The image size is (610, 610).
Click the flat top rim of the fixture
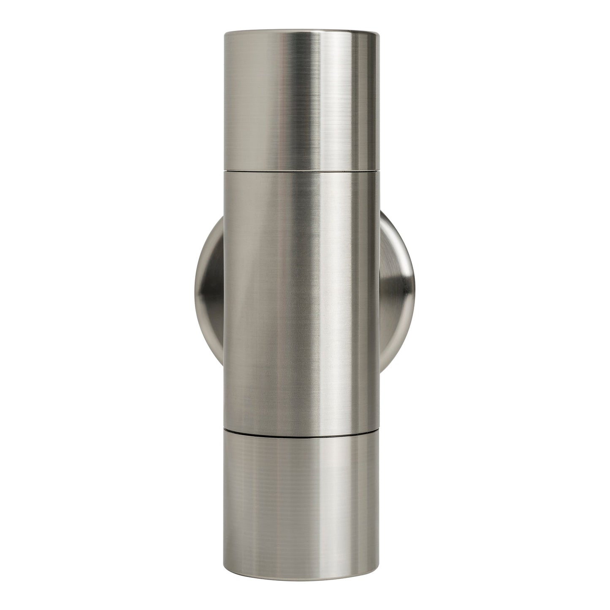301,31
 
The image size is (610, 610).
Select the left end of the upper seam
225,170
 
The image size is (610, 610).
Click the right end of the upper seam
377,170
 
